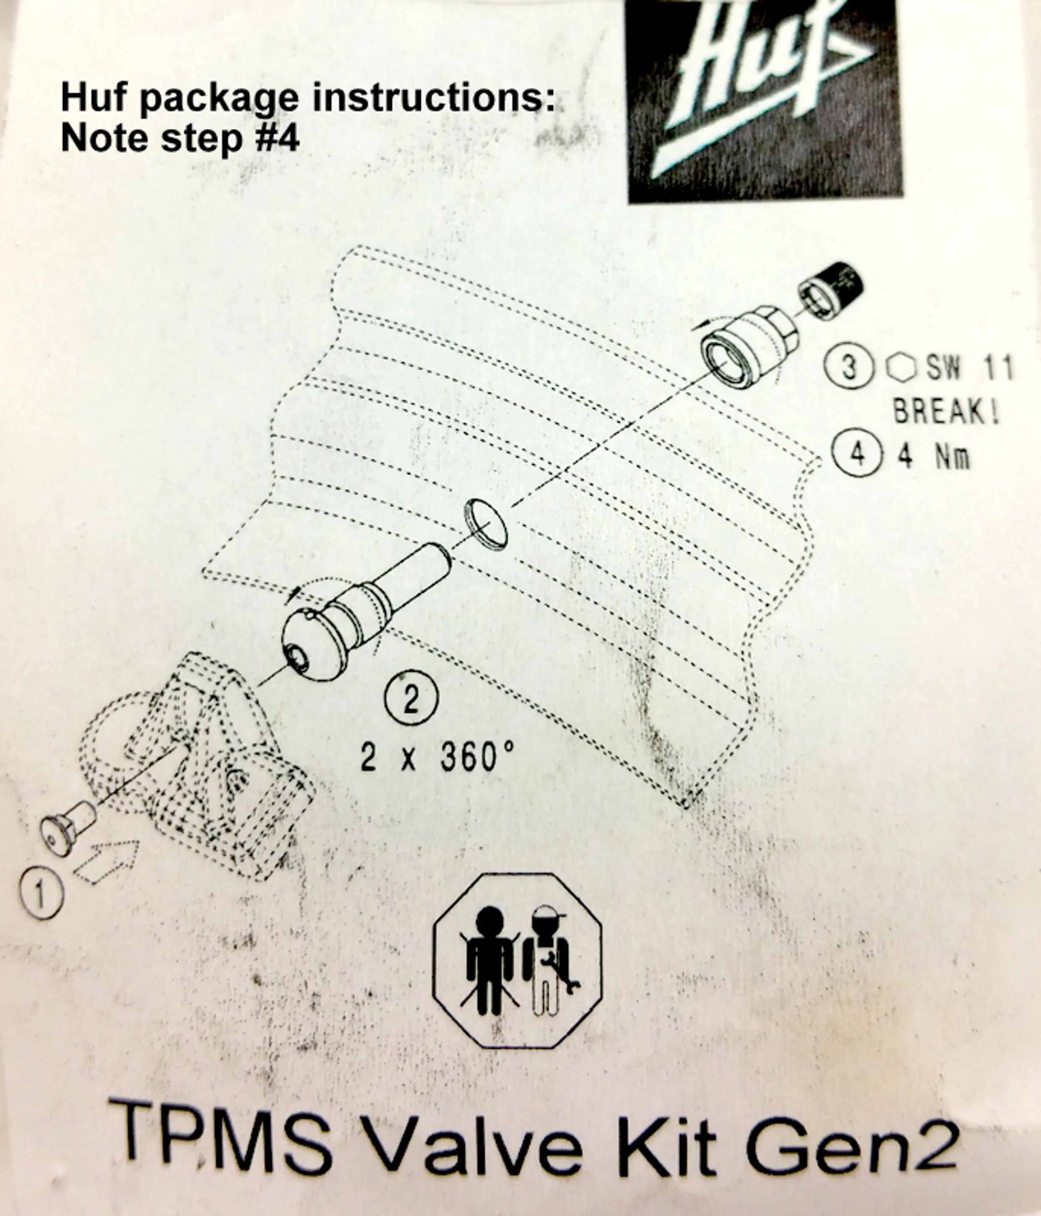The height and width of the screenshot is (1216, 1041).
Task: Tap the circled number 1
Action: pos(40,894)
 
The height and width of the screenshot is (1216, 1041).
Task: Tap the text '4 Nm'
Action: pos(934,456)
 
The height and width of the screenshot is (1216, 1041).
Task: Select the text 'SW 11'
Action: pos(969,369)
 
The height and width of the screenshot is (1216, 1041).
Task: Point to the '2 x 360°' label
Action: pos(437,757)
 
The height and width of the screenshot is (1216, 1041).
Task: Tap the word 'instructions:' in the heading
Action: pos(433,97)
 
